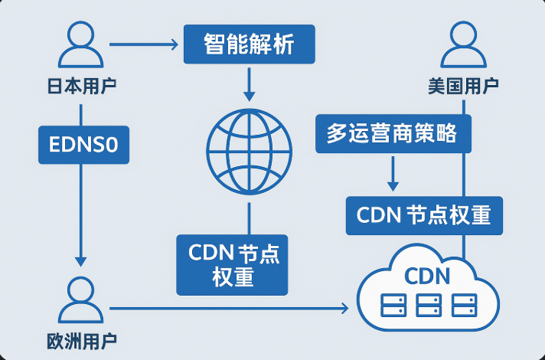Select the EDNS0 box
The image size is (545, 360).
pyautogui.click(x=84, y=144)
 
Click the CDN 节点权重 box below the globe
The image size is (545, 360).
pyautogui.click(x=232, y=264)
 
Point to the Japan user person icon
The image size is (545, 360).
pyautogui.click(x=81, y=45)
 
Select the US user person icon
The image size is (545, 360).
pyautogui.click(x=464, y=45)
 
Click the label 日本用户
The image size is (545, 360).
pyautogui.click(x=82, y=85)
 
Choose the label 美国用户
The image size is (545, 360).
pyautogui.click(x=464, y=85)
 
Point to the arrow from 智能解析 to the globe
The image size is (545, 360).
pyautogui.click(x=249, y=83)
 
